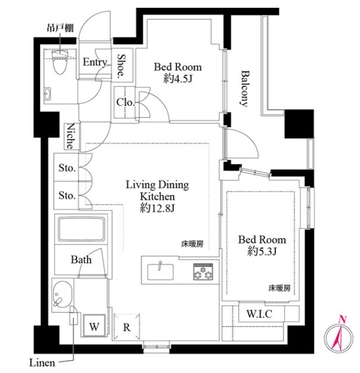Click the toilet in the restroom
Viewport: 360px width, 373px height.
pyautogui.click(x=60, y=62)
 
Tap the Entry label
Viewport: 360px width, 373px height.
pyautogui.click(x=95, y=62)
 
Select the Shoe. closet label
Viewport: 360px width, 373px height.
pyautogui.click(x=121, y=66)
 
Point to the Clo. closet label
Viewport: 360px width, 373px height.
pyautogui.click(x=125, y=102)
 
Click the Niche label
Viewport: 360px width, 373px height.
pyautogui.click(x=70, y=136)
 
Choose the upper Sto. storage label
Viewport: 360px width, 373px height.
pyautogui.click(x=67, y=168)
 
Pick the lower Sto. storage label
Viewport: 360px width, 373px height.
pyautogui.click(x=67, y=195)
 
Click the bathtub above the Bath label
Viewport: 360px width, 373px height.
pyautogui.click(x=81, y=229)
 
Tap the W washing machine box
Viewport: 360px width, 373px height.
pyautogui.click(x=94, y=325)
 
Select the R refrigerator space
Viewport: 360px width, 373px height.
pyautogui.click(x=127, y=327)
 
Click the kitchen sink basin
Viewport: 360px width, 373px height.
pyautogui.click(x=160, y=272)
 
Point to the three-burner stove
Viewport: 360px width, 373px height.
pyautogui.click(x=203, y=271)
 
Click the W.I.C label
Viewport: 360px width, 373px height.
pyautogui.click(x=259, y=314)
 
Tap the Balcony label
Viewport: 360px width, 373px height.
pyautogui.click(x=244, y=88)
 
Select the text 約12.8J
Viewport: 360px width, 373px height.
pyautogui.click(x=157, y=209)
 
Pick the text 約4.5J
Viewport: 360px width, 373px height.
pyautogui.click(x=177, y=79)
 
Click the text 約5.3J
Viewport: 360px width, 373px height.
pyautogui.click(x=262, y=251)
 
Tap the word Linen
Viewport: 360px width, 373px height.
pyautogui.click(x=42, y=363)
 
